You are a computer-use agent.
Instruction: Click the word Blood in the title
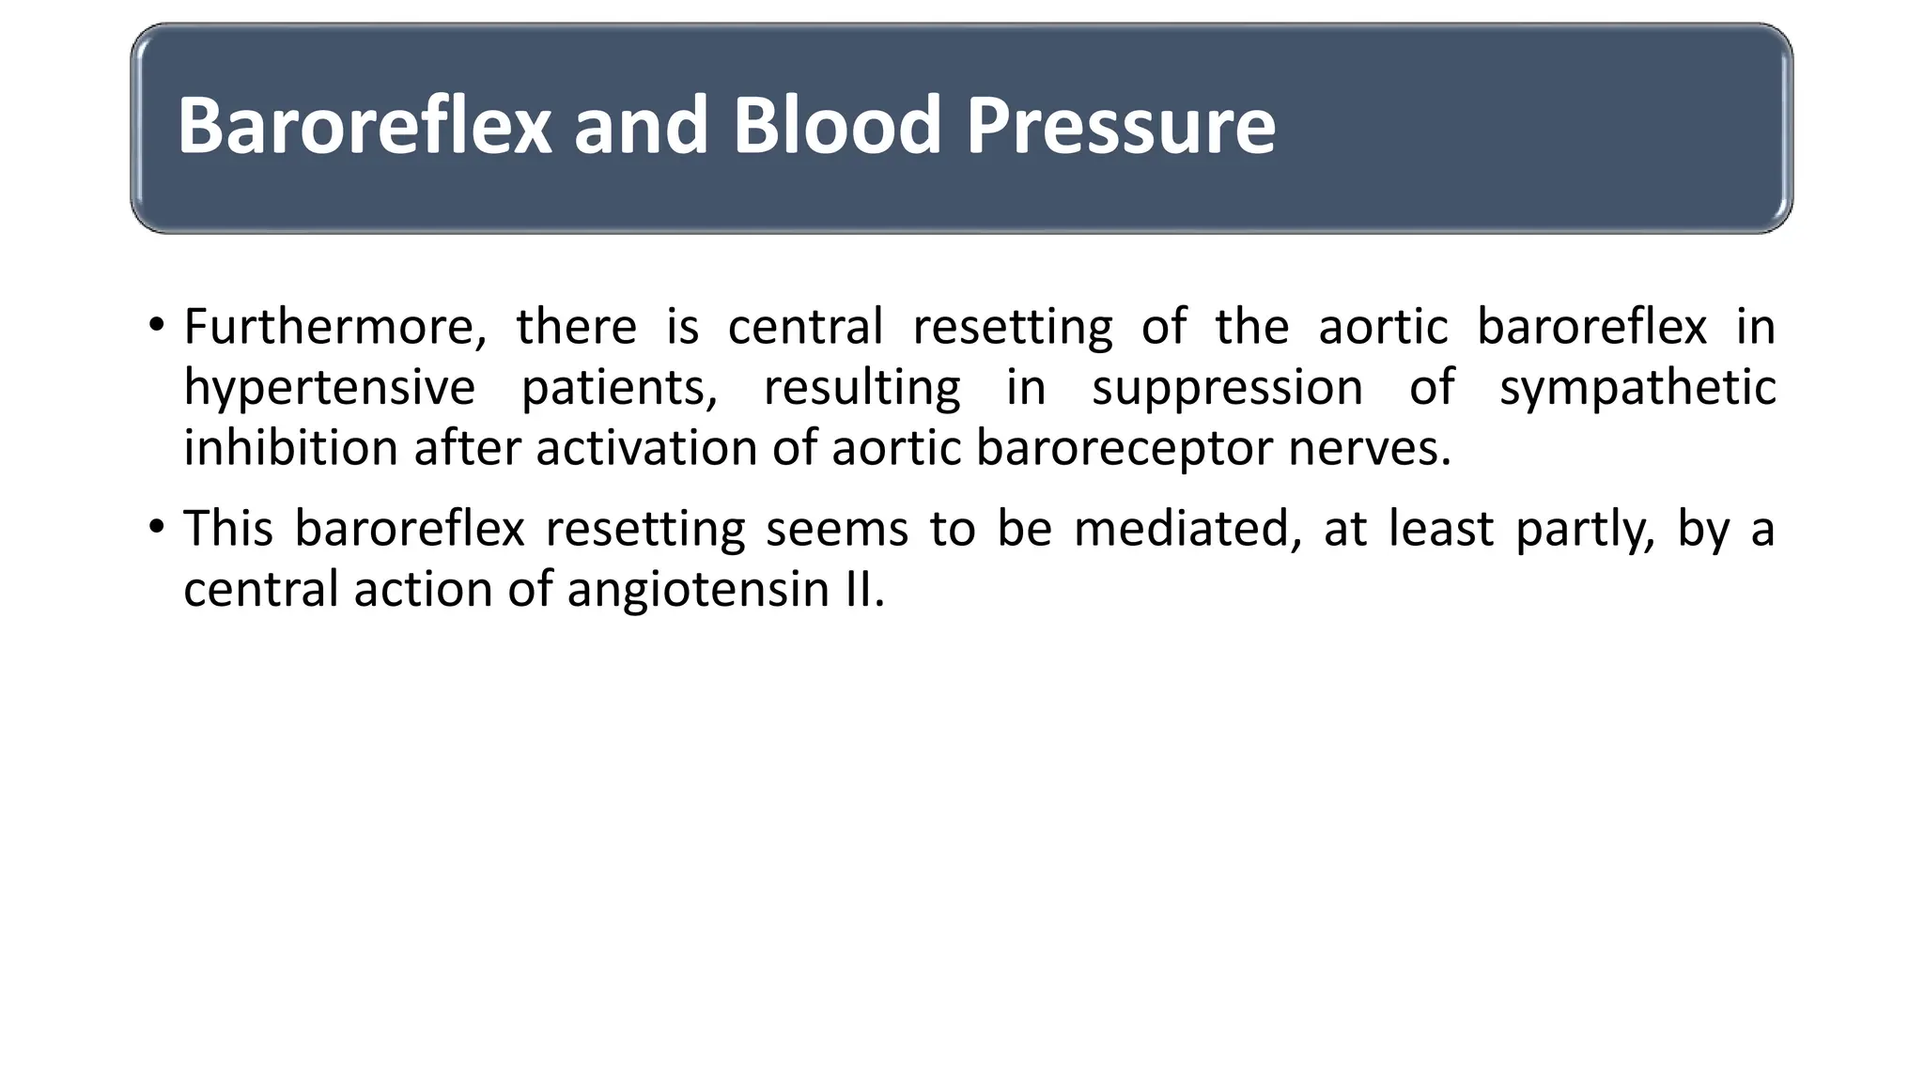(x=836, y=125)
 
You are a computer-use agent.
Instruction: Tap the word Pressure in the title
(x=1120, y=125)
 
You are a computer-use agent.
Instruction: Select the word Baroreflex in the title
(x=365, y=125)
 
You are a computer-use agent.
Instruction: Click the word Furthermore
(x=334, y=327)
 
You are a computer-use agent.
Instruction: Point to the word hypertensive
(x=329, y=388)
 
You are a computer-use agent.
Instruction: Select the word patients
(x=619, y=388)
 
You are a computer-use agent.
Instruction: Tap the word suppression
(x=1226, y=388)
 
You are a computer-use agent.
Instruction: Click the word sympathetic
(x=1637, y=388)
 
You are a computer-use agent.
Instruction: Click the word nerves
(x=1369, y=448)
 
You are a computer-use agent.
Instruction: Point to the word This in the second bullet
(x=227, y=528)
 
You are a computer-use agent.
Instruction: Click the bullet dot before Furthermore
(x=156, y=327)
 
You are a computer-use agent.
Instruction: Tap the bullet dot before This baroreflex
(x=156, y=528)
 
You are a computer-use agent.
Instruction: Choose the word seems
(x=836, y=528)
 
